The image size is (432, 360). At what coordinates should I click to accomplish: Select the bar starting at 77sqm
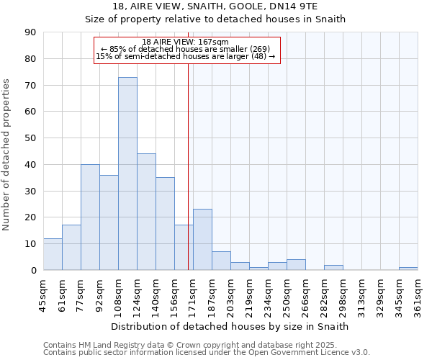click(x=90, y=217)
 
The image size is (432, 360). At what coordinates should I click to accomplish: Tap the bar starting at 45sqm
click(x=53, y=254)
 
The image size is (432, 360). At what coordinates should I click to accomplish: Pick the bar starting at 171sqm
click(x=202, y=240)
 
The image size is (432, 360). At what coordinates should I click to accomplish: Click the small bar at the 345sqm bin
click(x=408, y=269)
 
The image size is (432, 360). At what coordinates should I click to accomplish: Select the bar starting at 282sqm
click(x=333, y=267)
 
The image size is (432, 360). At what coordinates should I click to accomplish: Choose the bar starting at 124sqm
click(x=146, y=212)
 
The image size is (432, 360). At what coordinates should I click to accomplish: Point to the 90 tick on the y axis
click(x=31, y=32)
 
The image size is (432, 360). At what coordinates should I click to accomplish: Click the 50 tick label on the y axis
click(x=31, y=138)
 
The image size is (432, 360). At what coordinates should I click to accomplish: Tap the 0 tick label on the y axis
click(x=33, y=270)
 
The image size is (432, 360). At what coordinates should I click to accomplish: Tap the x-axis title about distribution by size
click(x=230, y=326)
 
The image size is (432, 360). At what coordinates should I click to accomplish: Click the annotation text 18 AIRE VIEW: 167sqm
click(x=185, y=42)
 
